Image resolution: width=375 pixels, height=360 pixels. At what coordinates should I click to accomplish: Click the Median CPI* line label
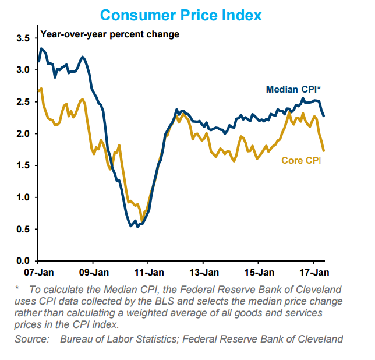[293, 90]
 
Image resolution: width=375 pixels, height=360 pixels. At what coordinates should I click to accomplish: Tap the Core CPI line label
[301, 160]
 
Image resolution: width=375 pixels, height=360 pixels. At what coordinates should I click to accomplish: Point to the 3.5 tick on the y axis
[23, 38]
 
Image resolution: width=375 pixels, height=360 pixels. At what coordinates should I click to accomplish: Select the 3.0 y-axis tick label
[23, 70]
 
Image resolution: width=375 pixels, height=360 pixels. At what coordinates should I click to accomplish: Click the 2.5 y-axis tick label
[23, 102]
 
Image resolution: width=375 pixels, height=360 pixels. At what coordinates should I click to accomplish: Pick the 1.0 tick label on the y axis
[23, 197]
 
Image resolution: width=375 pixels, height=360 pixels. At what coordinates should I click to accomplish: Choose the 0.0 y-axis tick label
[23, 261]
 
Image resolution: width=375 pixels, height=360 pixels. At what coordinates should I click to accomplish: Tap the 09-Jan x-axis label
[93, 272]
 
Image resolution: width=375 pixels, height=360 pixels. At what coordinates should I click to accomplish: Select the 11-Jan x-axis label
[148, 272]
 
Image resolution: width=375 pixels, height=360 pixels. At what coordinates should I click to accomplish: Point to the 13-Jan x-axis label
[204, 272]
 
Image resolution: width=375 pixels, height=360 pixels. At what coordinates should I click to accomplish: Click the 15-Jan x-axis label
[259, 272]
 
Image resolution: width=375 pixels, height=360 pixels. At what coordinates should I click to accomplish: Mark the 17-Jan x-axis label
[314, 272]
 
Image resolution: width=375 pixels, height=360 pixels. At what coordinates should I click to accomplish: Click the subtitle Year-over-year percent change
[110, 34]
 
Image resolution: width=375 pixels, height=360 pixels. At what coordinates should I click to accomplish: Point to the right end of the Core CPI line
[323, 151]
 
